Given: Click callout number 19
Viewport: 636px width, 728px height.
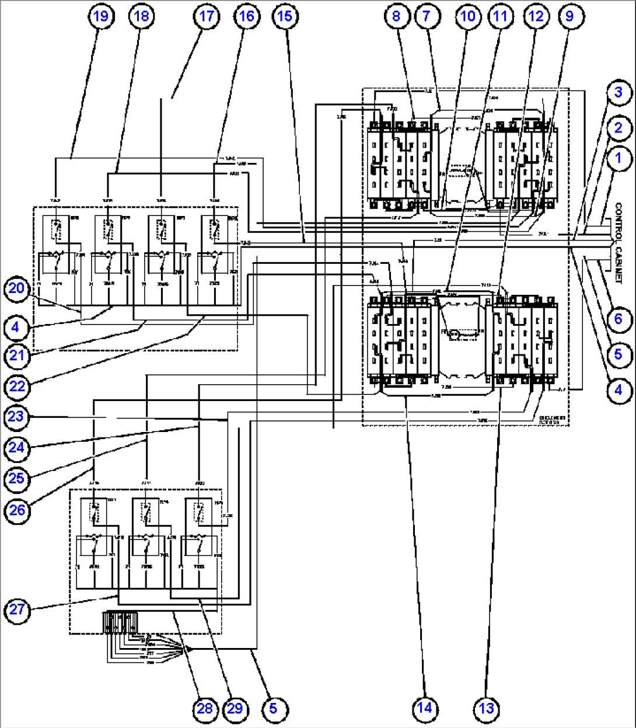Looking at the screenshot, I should pyautogui.click(x=101, y=16).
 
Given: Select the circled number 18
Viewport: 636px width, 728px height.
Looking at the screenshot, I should pyautogui.click(x=141, y=16).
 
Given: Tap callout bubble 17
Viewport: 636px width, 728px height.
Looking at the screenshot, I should pyautogui.click(x=207, y=16).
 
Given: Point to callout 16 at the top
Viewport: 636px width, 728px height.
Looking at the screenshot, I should pyautogui.click(x=247, y=16).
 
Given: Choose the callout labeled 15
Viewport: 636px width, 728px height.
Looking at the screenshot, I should pyautogui.click(x=284, y=16).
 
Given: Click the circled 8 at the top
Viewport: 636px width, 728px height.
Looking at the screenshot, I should pyautogui.click(x=396, y=16).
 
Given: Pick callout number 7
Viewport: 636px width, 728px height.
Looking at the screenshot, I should pyautogui.click(x=427, y=16).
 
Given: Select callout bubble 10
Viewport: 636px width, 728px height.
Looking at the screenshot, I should pyautogui.click(x=467, y=16).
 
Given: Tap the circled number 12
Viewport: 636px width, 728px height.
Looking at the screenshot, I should pyautogui.click(x=535, y=16).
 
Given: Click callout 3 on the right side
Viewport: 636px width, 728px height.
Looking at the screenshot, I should pyautogui.click(x=618, y=92).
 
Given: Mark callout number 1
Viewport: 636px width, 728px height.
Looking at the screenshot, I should pyautogui.click(x=618, y=158).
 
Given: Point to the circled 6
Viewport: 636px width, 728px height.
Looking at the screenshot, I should pyautogui.click(x=618, y=319).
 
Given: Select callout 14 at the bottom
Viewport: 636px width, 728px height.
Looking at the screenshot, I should pyautogui.click(x=424, y=708).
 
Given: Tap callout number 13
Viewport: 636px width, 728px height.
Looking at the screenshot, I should pyautogui.click(x=486, y=708).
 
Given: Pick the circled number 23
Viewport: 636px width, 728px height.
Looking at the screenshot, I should pyautogui.click(x=18, y=417).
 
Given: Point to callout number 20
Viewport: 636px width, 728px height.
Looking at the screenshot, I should pyautogui.click(x=18, y=288).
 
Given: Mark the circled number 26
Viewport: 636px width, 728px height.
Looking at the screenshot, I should pyautogui.click(x=18, y=510).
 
